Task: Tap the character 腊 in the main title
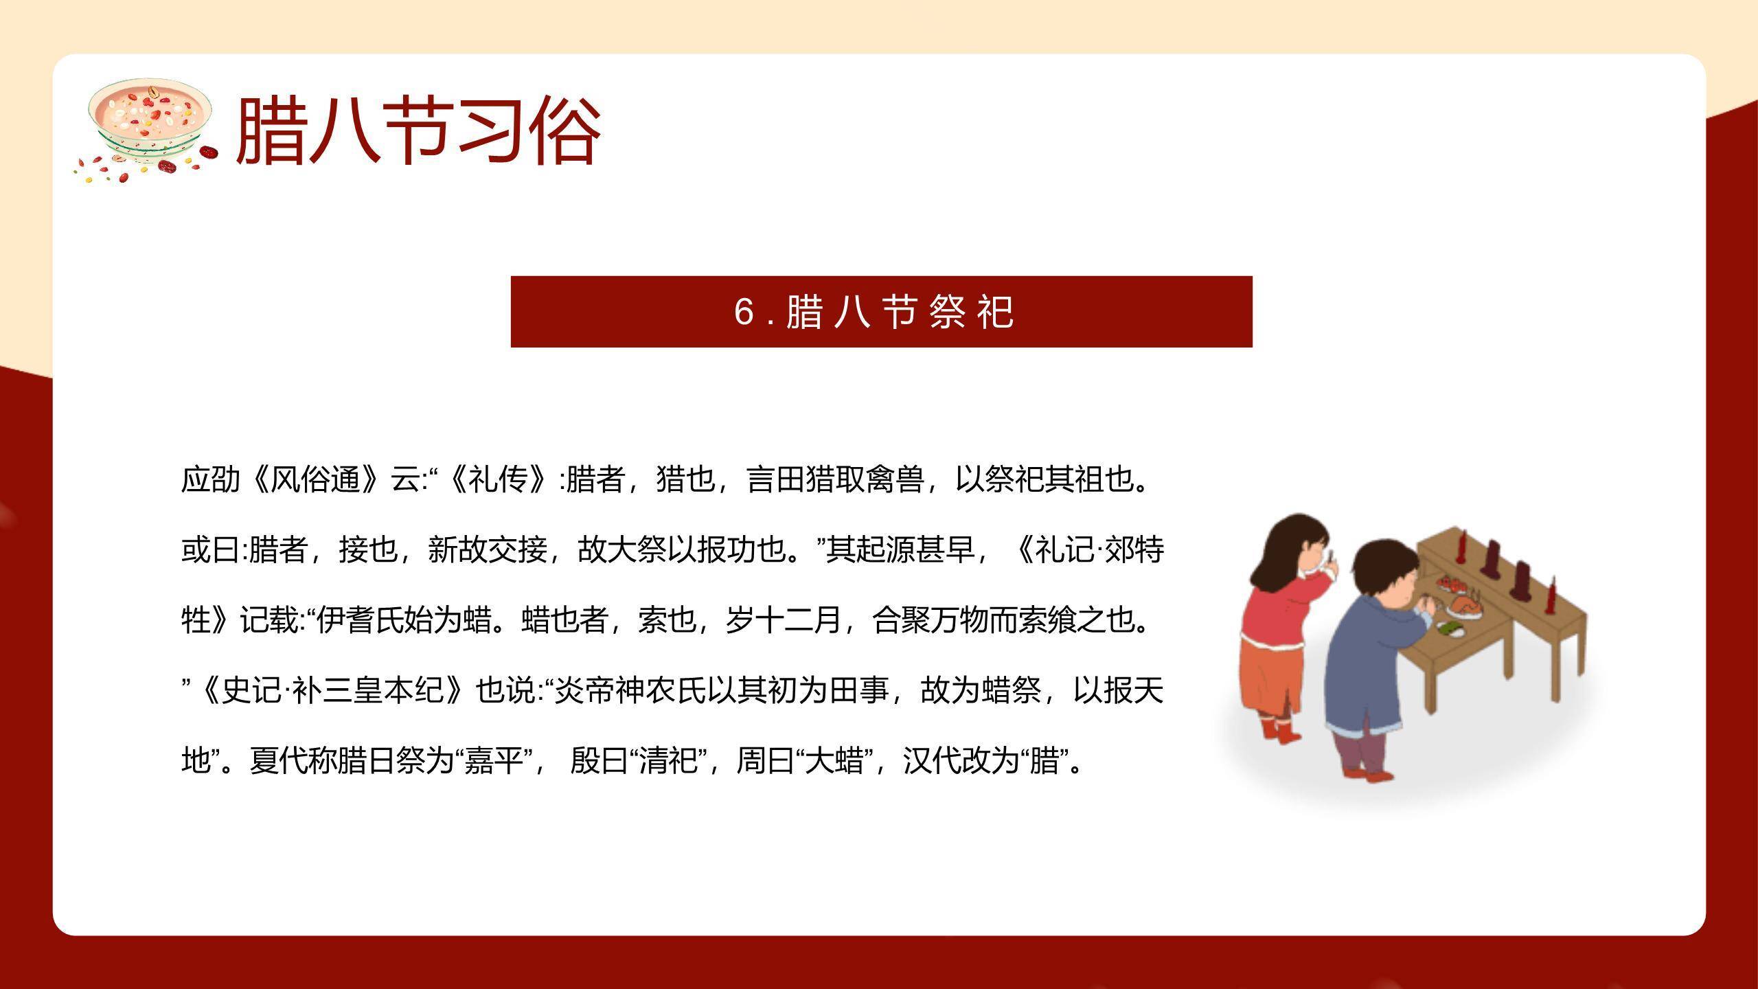click(271, 131)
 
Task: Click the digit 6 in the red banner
click(744, 312)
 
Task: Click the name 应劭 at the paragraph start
click(211, 479)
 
